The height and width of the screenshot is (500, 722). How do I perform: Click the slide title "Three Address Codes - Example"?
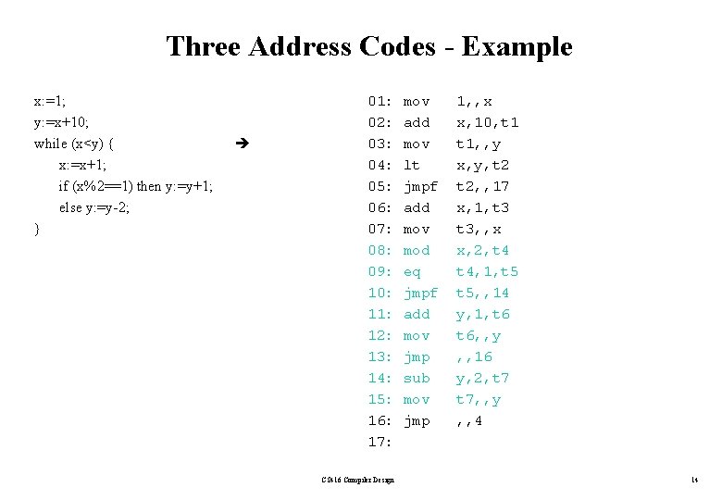coord(368,46)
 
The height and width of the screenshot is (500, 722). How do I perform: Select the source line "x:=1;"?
coord(50,100)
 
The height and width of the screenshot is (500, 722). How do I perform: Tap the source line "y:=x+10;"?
coord(61,121)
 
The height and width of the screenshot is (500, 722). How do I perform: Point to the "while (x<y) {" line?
coord(74,144)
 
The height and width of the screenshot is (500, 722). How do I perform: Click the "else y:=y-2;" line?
coord(94,207)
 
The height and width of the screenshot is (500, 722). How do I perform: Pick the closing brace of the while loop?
coord(36,229)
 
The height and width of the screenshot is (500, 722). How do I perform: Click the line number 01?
coord(380,101)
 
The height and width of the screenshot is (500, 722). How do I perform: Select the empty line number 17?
coord(380,442)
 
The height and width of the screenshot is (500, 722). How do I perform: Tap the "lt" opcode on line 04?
coord(412,165)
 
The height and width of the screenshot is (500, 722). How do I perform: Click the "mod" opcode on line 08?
coord(417,250)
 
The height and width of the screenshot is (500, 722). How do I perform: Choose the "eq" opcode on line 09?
coord(412,271)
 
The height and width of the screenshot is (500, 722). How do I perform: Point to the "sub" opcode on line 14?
coord(417,378)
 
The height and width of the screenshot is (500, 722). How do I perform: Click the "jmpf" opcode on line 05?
coord(421,186)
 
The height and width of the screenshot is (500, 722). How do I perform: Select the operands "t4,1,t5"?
coord(487,271)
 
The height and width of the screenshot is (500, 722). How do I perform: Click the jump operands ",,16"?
coord(474,356)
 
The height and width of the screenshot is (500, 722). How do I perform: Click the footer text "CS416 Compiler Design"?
coord(357,480)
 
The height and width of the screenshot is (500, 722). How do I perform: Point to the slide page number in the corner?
coord(693,480)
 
